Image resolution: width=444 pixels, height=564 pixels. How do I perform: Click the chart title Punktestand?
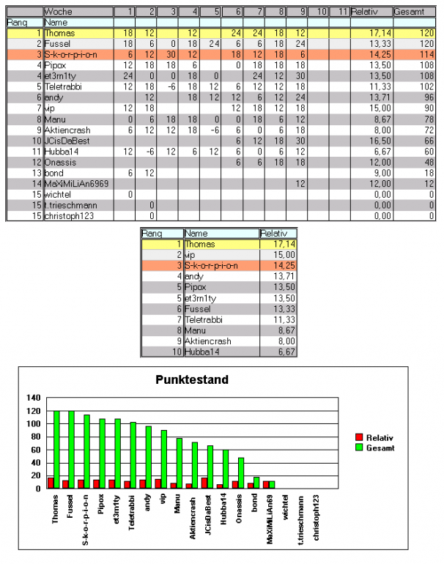tap(192, 379)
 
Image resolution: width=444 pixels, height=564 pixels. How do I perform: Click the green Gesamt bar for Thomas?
tap(56, 449)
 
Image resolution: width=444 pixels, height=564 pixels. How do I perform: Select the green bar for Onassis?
tap(240, 472)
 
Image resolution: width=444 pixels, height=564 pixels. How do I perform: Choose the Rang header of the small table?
tap(151, 233)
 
